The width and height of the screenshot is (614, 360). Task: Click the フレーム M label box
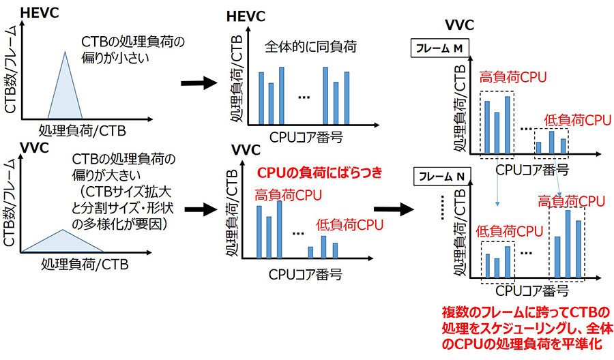(x=439, y=48)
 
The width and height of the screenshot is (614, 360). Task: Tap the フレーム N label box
(x=441, y=176)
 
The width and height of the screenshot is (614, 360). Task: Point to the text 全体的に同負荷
(x=310, y=46)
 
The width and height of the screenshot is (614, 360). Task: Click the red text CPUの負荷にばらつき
(x=319, y=172)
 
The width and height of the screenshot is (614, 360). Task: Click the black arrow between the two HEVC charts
(x=199, y=83)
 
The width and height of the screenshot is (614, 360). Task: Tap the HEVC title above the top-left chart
(x=40, y=12)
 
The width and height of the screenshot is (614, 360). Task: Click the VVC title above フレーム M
(x=459, y=25)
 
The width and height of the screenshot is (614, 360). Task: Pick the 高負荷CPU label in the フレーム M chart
(x=513, y=77)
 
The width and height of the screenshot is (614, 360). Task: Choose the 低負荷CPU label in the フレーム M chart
(x=578, y=120)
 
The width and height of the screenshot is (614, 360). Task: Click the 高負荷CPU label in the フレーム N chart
(x=571, y=201)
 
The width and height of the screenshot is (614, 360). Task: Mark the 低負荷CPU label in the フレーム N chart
(x=510, y=231)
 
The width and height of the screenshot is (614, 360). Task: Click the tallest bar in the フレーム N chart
(x=568, y=244)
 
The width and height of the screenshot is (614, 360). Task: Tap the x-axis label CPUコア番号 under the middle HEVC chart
(x=306, y=137)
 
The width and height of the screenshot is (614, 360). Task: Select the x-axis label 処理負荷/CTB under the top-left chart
(x=83, y=130)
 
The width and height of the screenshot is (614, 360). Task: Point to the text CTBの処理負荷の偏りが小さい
(x=133, y=50)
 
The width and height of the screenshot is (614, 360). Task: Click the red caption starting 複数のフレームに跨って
(x=527, y=328)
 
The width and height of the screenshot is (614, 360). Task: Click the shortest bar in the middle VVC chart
(x=310, y=252)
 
